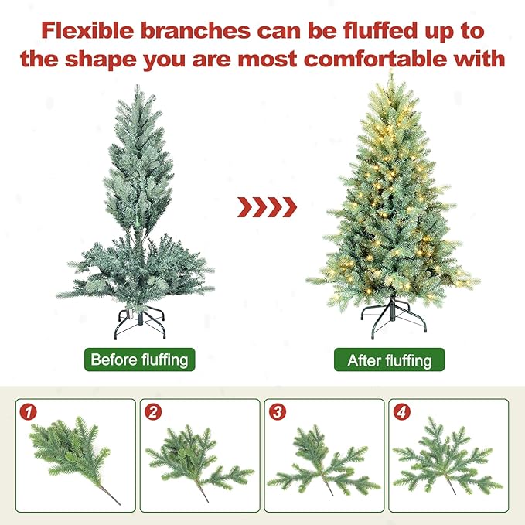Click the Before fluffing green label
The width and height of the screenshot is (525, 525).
point(139,360)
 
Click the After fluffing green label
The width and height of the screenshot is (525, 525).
point(389,360)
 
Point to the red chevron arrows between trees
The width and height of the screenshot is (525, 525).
point(266,206)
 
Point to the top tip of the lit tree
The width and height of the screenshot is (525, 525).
point(390,75)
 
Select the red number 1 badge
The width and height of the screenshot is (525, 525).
point(29,412)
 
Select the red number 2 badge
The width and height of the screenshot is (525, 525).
point(154,412)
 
